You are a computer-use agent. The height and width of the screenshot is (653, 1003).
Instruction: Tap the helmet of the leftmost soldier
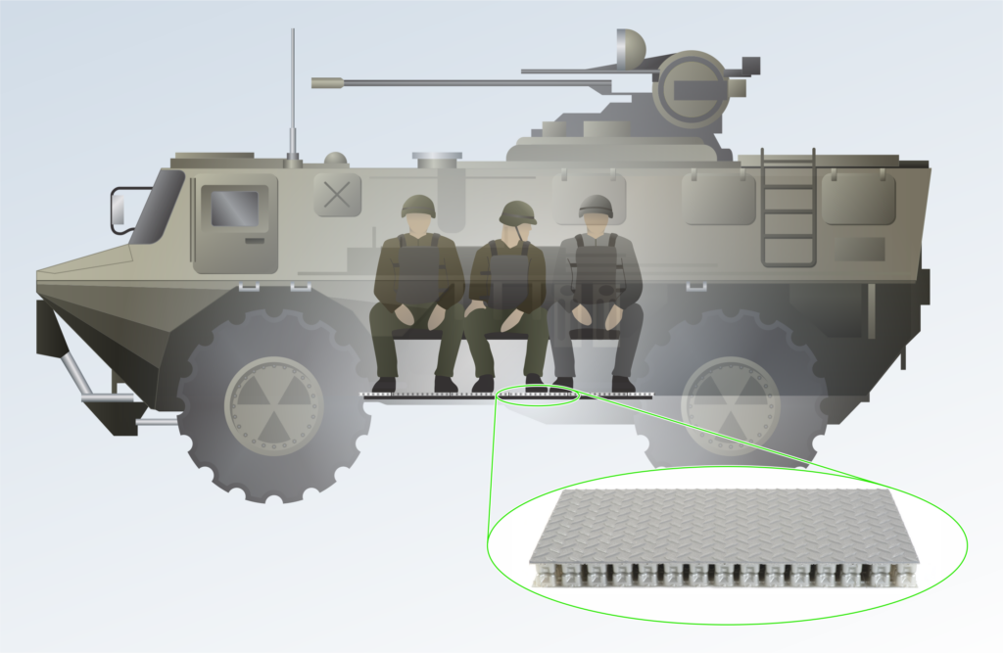click(418, 206)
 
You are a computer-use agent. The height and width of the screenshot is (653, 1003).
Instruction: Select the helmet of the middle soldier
click(517, 212)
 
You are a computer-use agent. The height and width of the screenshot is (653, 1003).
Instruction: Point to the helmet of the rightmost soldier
click(596, 206)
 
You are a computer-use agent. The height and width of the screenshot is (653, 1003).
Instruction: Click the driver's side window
click(235, 209)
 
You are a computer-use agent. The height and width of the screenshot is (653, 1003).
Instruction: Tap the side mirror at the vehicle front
click(119, 208)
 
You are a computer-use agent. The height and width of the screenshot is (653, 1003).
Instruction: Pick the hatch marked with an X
click(336, 195)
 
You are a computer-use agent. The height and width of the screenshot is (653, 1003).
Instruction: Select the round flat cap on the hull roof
click(437, 156)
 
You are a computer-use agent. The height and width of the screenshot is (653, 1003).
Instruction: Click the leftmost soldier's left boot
click(384, 385)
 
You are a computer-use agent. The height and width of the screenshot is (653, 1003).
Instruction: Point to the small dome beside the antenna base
click(336, 158)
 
